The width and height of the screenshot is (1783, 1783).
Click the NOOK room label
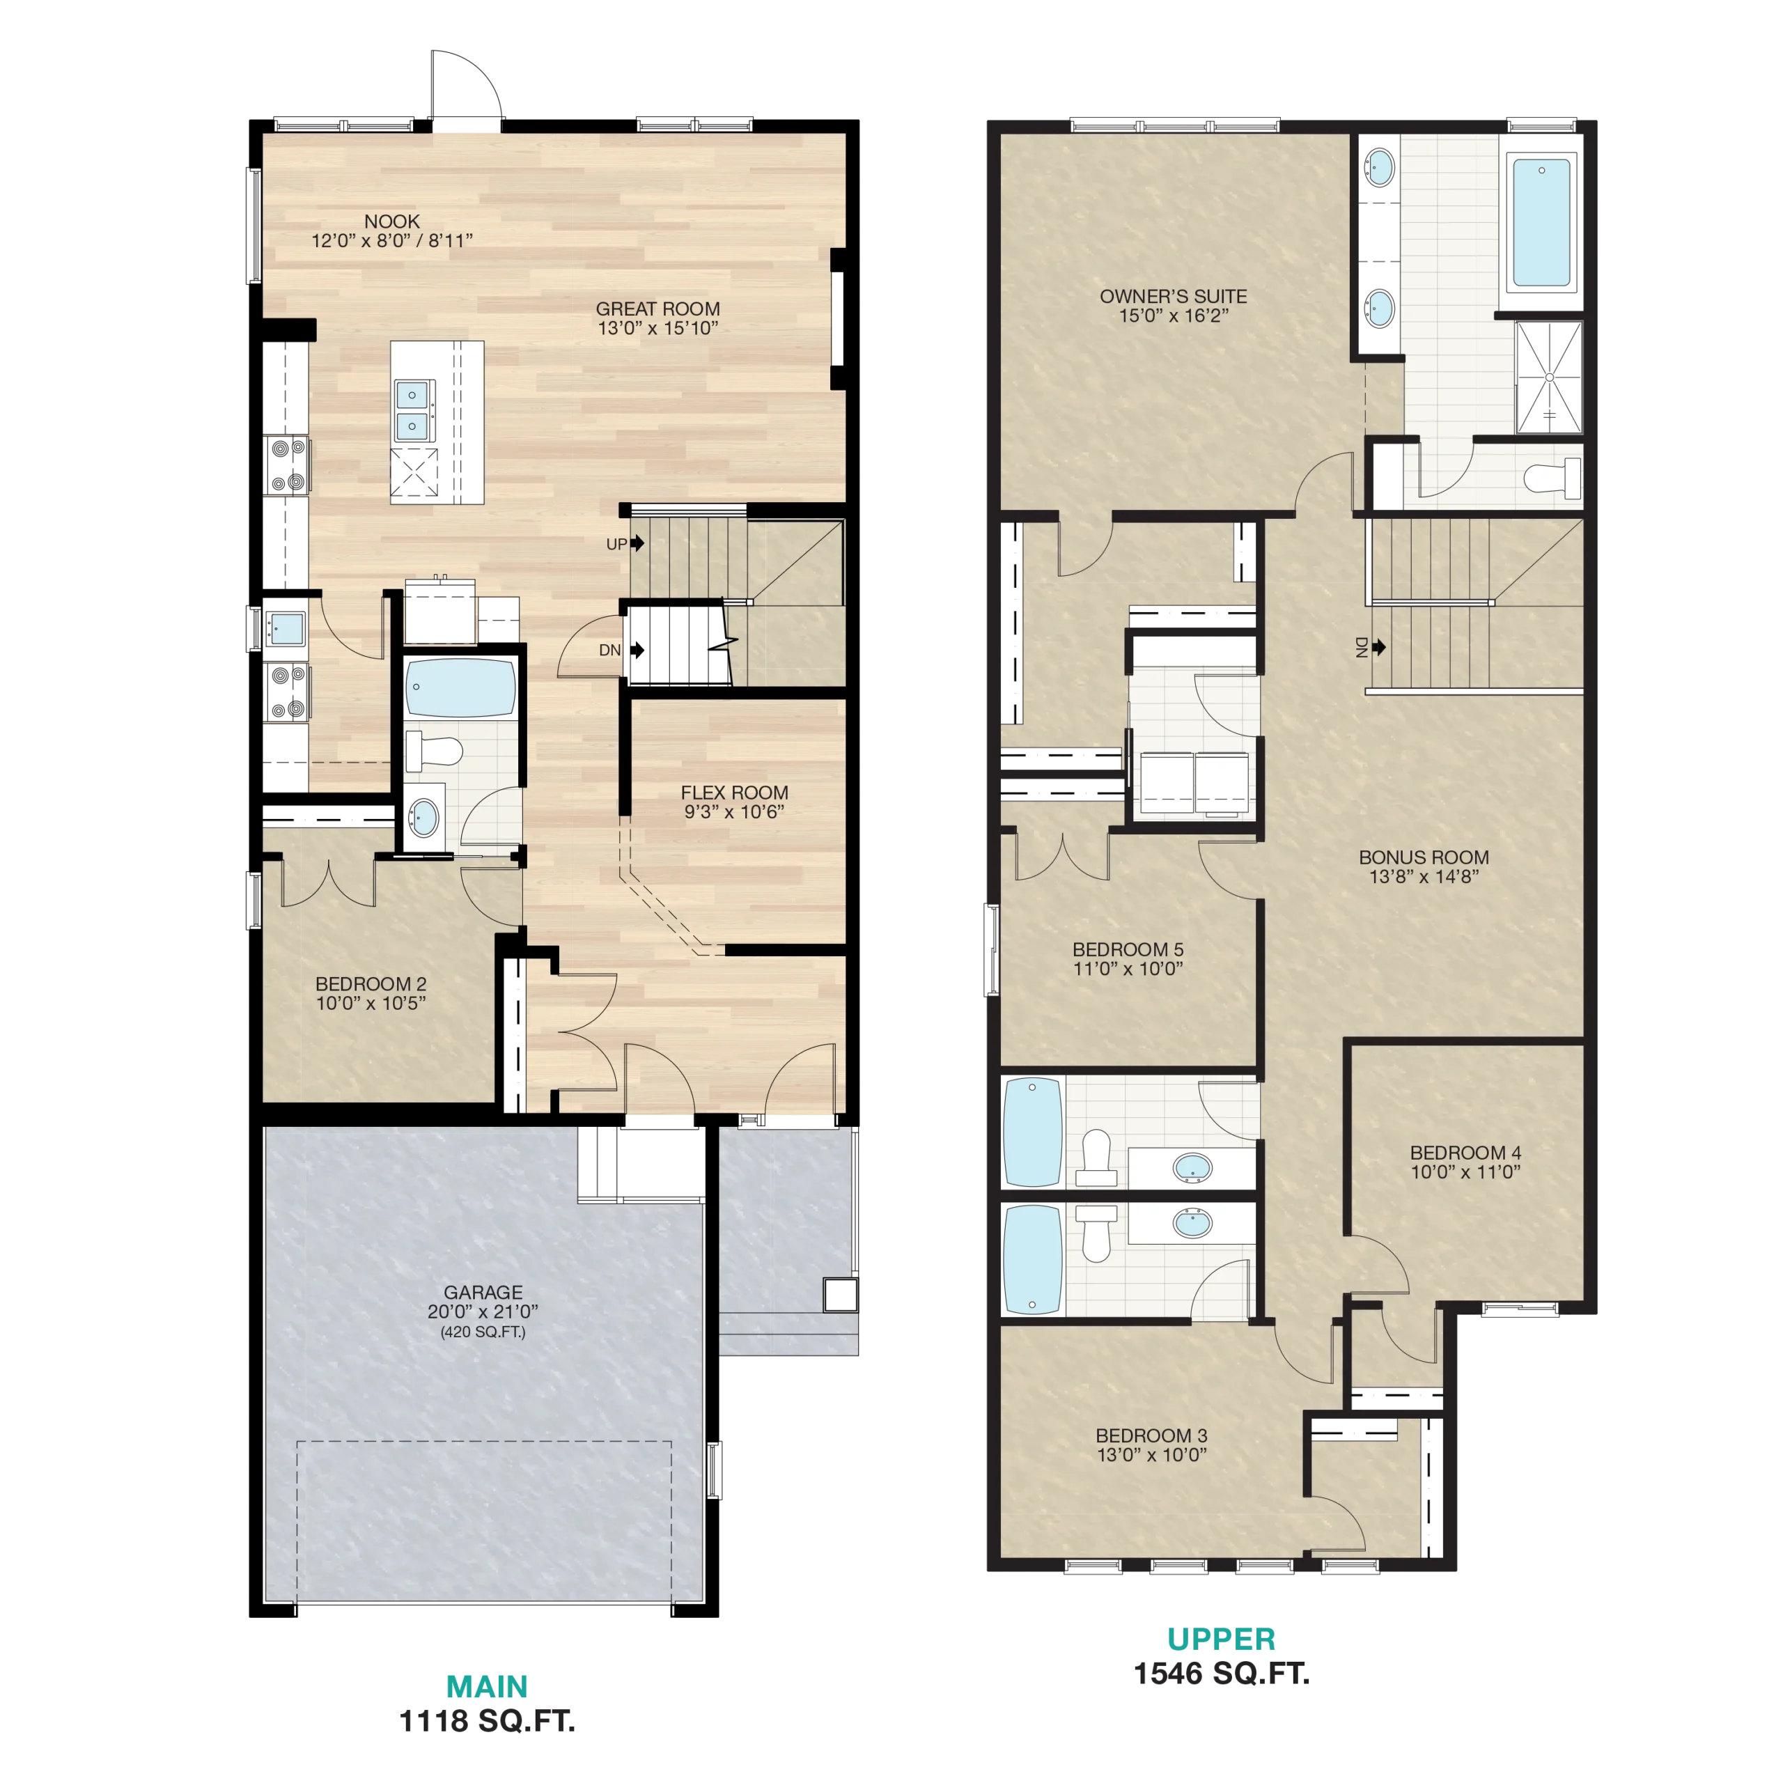(x=392, y=221)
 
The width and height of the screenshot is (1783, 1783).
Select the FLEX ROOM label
(x=735, y=793)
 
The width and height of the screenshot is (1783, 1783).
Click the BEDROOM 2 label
(x=371, y=984)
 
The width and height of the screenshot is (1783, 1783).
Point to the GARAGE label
(x=483, y=1292)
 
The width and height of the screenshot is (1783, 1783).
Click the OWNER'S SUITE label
(x=1173, y=296)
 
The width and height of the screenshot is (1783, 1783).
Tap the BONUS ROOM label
(x=1424, y=857)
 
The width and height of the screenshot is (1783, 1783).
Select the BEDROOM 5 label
(x=1128, y=949)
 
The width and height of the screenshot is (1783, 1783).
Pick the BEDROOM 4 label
(x=1465, y=1153)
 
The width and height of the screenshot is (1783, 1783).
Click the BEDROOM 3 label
(x=1152, y=1436)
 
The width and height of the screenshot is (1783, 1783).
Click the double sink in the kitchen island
(x=412, y=410)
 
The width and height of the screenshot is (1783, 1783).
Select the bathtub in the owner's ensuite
(x=1541, y=222)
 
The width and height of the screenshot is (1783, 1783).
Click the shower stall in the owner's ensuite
(x=1550, y=377)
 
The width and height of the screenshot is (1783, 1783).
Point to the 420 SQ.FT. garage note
(x=483, y=1332)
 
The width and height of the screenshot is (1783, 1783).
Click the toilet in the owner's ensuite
(x=1552, y=478)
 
